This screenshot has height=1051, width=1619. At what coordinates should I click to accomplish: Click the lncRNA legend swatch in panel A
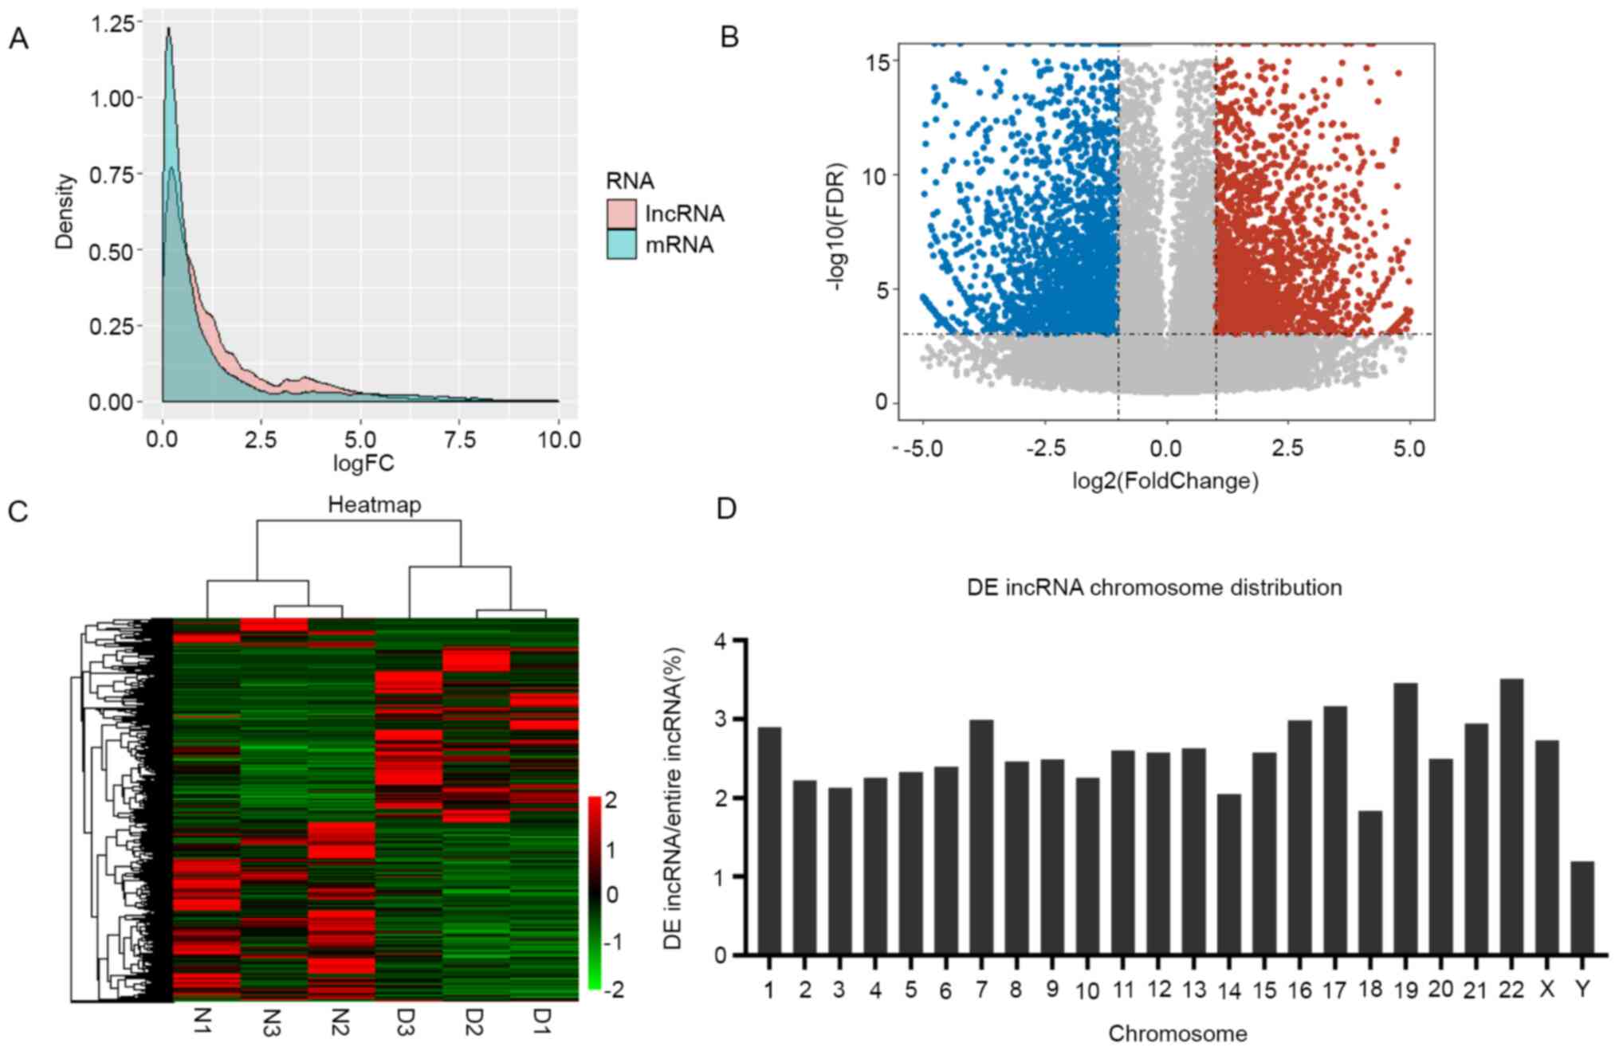point(621,214)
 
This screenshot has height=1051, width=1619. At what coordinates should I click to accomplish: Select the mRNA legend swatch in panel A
point(621,245)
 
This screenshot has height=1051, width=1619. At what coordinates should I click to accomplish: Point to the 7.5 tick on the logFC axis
point(459,440)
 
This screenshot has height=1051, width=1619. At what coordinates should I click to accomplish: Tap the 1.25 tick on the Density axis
point(112,24)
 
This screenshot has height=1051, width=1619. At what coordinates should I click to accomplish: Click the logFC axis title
point(363,464)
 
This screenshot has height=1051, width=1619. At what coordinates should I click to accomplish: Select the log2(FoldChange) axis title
point(1165,481)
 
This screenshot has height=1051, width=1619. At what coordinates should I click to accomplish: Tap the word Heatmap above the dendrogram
point(374,504)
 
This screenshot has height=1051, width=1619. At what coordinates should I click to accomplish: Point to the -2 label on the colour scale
point(614,990)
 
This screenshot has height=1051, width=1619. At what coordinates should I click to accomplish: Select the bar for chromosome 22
point(1511,817)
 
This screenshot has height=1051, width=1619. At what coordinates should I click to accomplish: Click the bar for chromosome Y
point(1582,908)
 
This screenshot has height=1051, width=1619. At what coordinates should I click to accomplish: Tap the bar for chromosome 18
point(1370,883)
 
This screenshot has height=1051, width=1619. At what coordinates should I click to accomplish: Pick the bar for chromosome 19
point(1405,819)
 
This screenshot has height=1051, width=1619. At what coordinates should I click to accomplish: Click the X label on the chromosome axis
point(1547,989)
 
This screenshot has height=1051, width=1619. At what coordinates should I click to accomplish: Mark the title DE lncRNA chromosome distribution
point(1154,588)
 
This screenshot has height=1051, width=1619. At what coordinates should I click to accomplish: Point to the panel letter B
point(729,37)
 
